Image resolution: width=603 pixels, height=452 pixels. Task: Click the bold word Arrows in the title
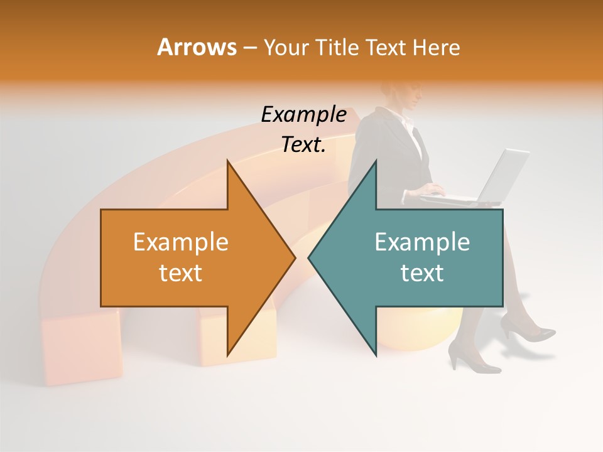pyautogui.click(x=197, y=47)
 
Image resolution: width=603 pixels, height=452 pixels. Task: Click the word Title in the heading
pyautogui.click(x=339, y=47)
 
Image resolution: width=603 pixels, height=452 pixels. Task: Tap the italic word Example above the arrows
pyautogui.click(x=303, y=115)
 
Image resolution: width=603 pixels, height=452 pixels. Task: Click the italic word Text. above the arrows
pyautogui.click(x=303, y=145)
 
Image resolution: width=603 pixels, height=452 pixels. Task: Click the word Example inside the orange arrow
pyautogui.click(x=180, y=242)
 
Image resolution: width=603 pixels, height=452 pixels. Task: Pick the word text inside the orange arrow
pyautogui.click(x=180, y=273)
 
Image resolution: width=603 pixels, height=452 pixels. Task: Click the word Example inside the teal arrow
pyautogui.click(x=422, y=242)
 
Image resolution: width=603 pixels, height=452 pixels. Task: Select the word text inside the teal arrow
pyautogui.click(x=422, y=273)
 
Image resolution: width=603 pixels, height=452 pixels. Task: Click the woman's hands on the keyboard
pyautogui.click(x=433, y=190)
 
